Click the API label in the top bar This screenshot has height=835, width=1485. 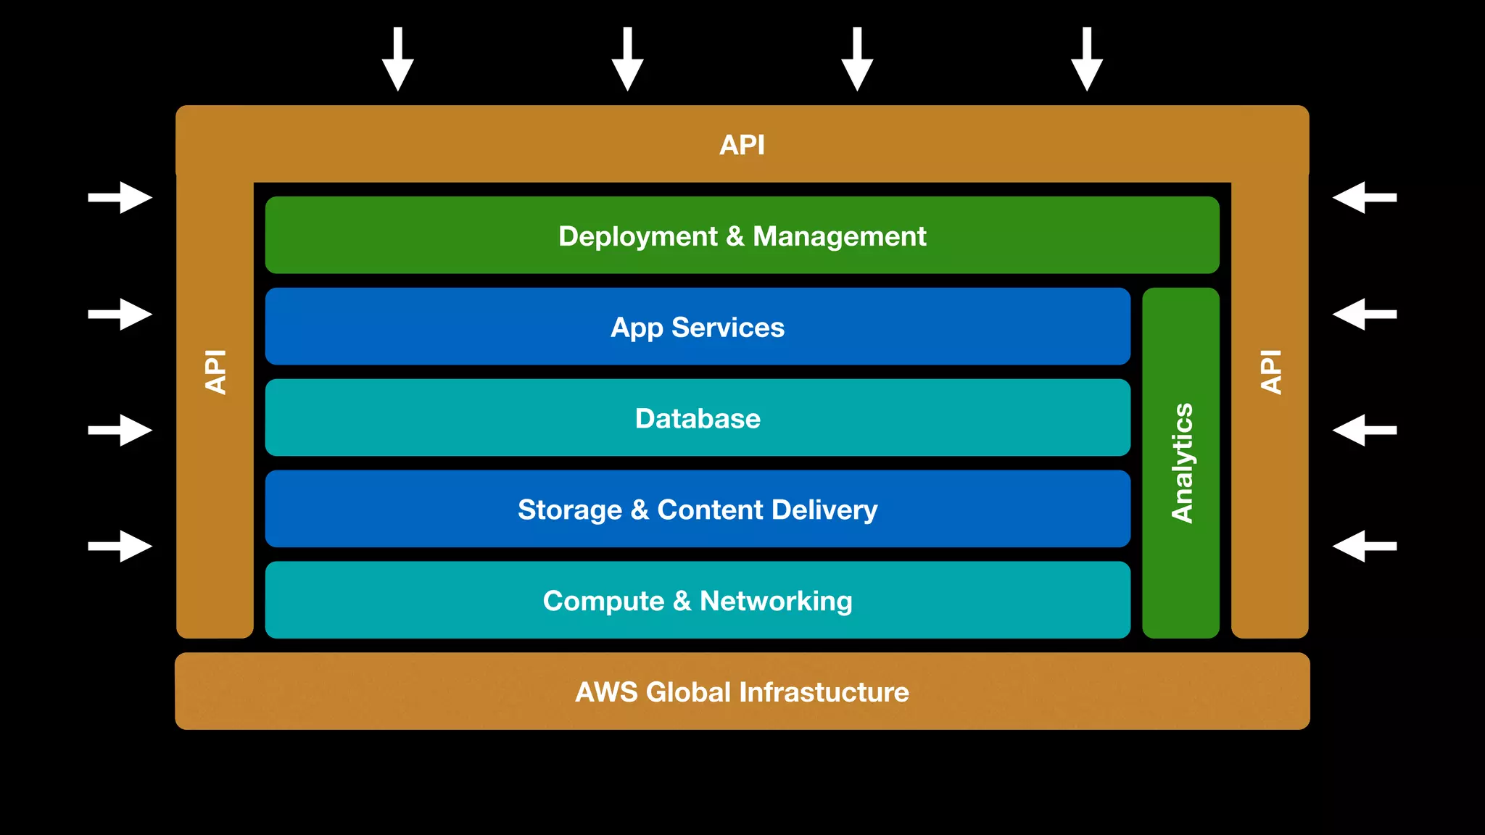[742, 145]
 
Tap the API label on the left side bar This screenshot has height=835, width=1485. [215, 372]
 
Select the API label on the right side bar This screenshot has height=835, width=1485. [1270, 372]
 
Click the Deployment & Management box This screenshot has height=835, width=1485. [742, 236]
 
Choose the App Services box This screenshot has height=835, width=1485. [698, 327]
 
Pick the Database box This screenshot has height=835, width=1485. [698, 418]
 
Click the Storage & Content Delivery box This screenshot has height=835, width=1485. [698, 510]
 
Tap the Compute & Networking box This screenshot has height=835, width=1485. [698, 600]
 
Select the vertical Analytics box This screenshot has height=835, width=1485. [1181, 462]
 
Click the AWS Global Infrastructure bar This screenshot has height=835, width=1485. [742, 691]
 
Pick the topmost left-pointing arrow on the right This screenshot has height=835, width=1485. [1364, 197]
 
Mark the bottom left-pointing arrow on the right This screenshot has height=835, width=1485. [1364, 546]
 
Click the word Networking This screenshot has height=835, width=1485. [776, 601]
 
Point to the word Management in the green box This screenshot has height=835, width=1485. [839, 236]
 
